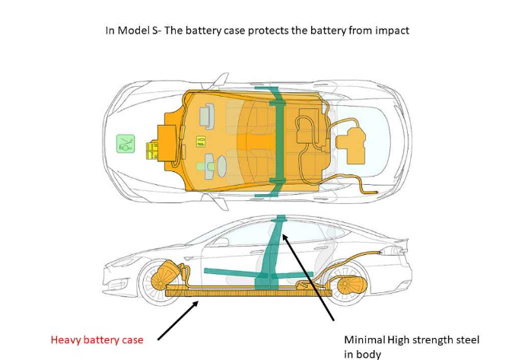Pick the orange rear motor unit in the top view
click(x=351, y=145)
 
